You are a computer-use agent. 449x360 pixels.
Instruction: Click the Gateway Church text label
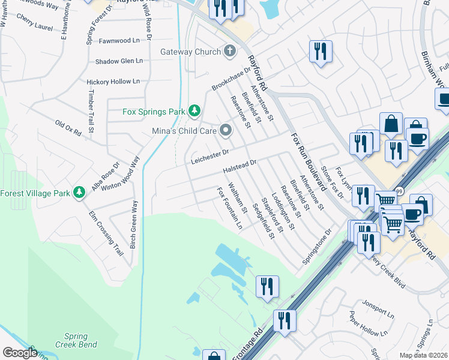point(190,52)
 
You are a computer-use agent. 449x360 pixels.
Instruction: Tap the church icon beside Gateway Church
point(229,51)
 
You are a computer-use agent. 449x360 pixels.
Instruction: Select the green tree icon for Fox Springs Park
point(194,110)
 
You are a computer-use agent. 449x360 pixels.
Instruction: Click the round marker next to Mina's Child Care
point(226,130)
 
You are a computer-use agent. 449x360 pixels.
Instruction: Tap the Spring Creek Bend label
point(76,341)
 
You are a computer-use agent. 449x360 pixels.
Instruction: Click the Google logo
point(19,353)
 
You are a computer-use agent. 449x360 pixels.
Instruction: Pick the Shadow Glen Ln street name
point(119,61)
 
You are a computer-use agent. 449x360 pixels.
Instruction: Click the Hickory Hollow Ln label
point(113,81)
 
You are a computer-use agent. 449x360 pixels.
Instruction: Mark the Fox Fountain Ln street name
point(229,208)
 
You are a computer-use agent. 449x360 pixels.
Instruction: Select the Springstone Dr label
point(317,247)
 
